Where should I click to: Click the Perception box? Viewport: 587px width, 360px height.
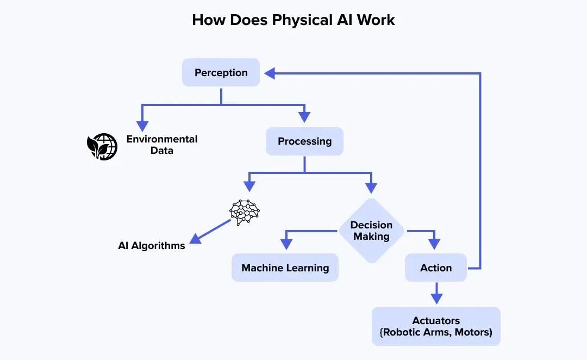point(221,72)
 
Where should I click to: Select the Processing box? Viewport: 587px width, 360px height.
point(304,141)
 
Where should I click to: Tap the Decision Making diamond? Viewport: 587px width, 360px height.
point(371,231)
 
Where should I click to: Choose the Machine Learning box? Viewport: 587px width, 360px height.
point(285,268)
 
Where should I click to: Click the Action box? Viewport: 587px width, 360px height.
point(435,268)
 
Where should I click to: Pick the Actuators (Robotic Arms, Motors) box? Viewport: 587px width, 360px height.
point(436,326)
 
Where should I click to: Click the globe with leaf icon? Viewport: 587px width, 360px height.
point(102,146)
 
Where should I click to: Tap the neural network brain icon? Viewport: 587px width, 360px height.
point(245,211)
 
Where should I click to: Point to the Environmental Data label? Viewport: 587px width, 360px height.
point(162,145)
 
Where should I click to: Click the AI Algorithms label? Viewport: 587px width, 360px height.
point(152,246)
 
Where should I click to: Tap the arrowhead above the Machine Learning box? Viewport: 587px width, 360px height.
point(286,245)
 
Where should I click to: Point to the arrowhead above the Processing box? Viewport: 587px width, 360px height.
point(304,116)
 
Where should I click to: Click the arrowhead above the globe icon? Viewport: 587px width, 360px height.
point(142,118)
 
